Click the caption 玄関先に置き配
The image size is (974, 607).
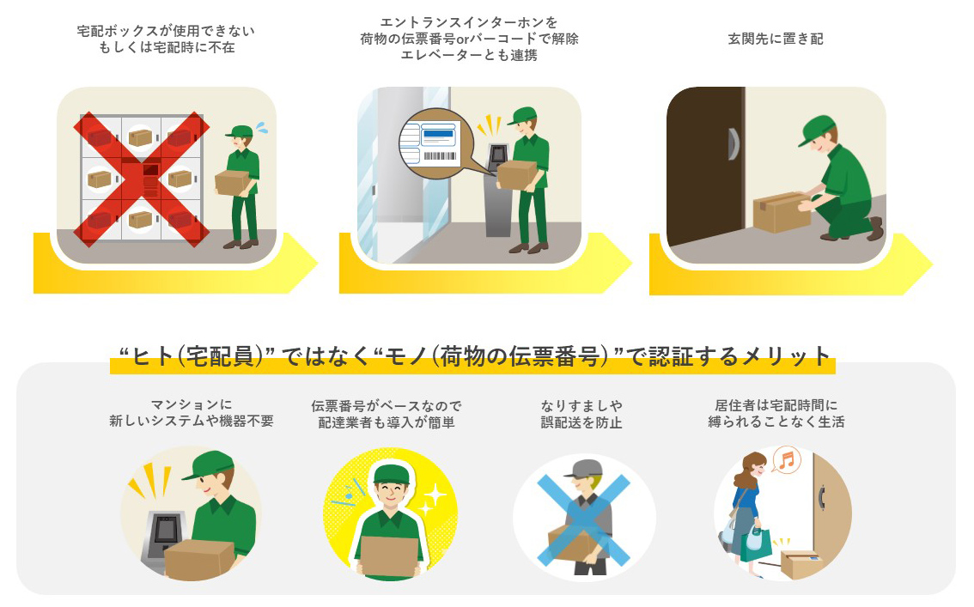pyautogui.click(x=775, y=39)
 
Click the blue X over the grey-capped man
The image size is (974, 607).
pyautogui.click(x=583, y=519)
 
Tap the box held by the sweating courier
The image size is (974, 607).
pyautogui.click(x=232, y=182)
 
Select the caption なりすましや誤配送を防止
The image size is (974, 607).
pyautogui.click(x=581, y=414)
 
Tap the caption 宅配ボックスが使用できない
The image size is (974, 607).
pyautogui.click(x=167, y=31)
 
